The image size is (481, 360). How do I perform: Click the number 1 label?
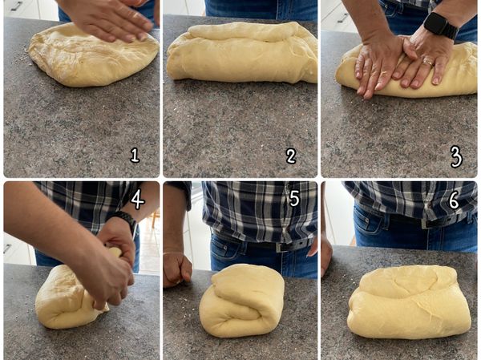(135, 155)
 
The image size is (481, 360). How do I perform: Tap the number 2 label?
(291, 156)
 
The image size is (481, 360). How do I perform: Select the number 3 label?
(456, 156)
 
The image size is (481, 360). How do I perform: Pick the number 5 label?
(294, 198)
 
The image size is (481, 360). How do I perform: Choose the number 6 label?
(454, 200)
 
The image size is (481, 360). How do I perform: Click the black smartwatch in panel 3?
(441, 25)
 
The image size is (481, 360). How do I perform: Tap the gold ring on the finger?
(428, 63)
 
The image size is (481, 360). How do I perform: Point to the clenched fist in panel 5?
(176, 269)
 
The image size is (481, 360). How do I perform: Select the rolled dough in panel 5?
(242, 300)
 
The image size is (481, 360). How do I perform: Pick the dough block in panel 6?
(409, 302)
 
